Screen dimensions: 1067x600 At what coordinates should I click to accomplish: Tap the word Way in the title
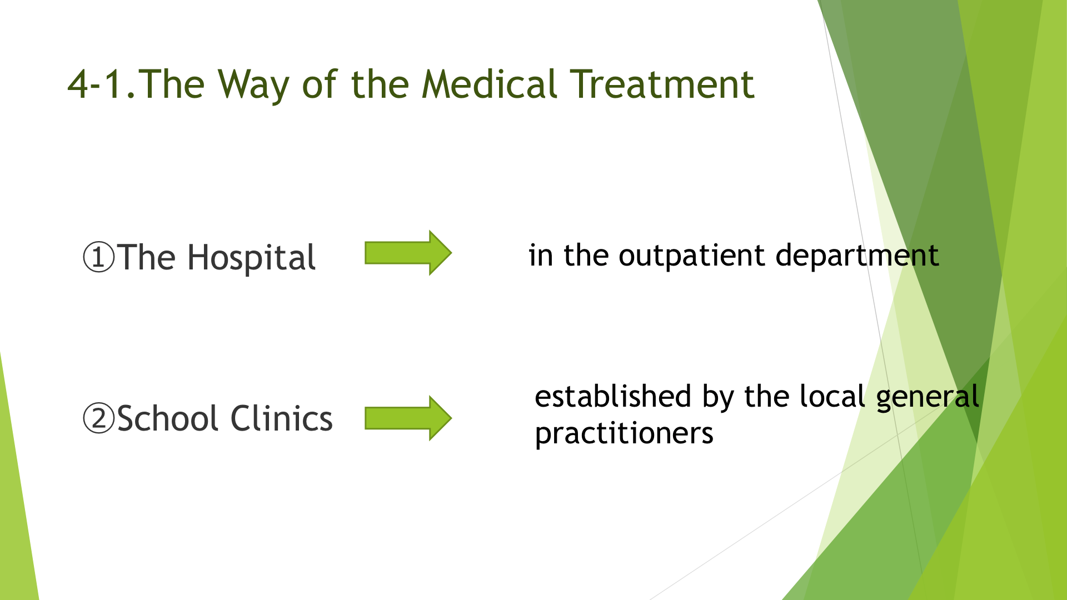[x=254, y=86]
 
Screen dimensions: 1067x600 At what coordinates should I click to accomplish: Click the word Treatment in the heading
[x=662, y=84]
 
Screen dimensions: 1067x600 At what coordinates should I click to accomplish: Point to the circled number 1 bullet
[x=98, y=257]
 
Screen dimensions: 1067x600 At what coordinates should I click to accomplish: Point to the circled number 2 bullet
[x=98, y=418]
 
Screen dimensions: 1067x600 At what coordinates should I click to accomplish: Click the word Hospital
[x=252, y=258]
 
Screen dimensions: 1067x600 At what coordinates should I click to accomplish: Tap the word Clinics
[x=281, y=418]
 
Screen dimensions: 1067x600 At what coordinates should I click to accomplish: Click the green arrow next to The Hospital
[x=408, y=253]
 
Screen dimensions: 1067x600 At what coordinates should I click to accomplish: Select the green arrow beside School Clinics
[x=408, y=418]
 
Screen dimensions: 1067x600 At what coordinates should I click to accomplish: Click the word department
[x=857, y=256]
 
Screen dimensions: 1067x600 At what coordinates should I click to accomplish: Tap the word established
[x=613, y=396]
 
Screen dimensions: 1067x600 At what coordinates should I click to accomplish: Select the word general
[x=928, y=398]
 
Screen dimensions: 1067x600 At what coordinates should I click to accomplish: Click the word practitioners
[x=624, y=434]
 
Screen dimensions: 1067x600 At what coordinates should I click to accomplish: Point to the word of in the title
[x=320, y=84]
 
